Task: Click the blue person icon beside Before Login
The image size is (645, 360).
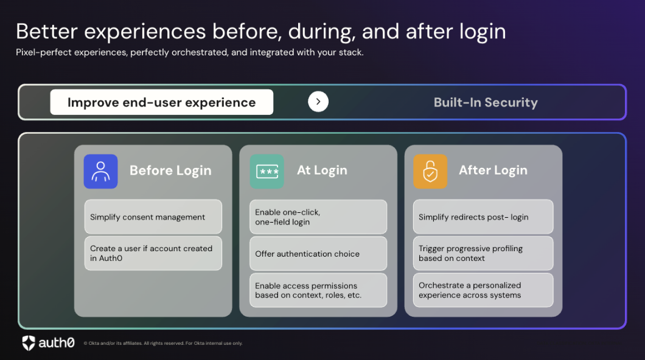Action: [x=100, y=171]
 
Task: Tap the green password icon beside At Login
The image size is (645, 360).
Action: [x=267, y=171]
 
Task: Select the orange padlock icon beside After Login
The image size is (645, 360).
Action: [x=430, y=171]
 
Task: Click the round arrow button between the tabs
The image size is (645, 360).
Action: [x=318, y=102]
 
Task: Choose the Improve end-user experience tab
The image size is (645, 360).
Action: [x=161, y=102]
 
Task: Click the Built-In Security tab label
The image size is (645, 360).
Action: [x=486, y=102]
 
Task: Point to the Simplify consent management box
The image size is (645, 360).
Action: [x=153, y=217]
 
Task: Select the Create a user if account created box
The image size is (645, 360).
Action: [x=153, y=253]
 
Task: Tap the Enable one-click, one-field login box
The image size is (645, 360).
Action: [x=318, y=217]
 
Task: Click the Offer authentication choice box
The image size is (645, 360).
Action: [x=318, y=254]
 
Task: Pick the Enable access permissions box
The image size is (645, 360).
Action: [x=318, y=290]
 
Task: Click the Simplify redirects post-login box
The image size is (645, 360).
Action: [x=483, y=217]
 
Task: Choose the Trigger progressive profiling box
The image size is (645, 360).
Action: [x=483, y=253]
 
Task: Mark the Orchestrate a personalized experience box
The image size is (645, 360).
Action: [x=483, y=290]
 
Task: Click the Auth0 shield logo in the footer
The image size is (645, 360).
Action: [x=29, y=343]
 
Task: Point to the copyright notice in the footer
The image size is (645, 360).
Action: [x=162, y=344]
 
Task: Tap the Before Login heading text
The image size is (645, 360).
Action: [x=170, y=171]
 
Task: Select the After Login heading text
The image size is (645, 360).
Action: [x=493, y=170]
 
